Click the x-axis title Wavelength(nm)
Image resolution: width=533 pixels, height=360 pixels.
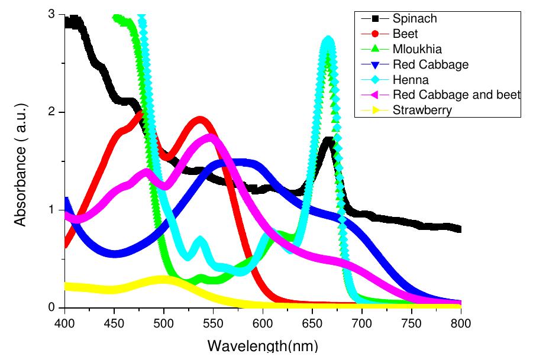point(262,346)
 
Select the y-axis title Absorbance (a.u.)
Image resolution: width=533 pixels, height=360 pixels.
point(21,161)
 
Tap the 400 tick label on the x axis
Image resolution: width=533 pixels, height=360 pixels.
point(64,322)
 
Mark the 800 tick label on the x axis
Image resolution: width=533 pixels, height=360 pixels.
point(460,322)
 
